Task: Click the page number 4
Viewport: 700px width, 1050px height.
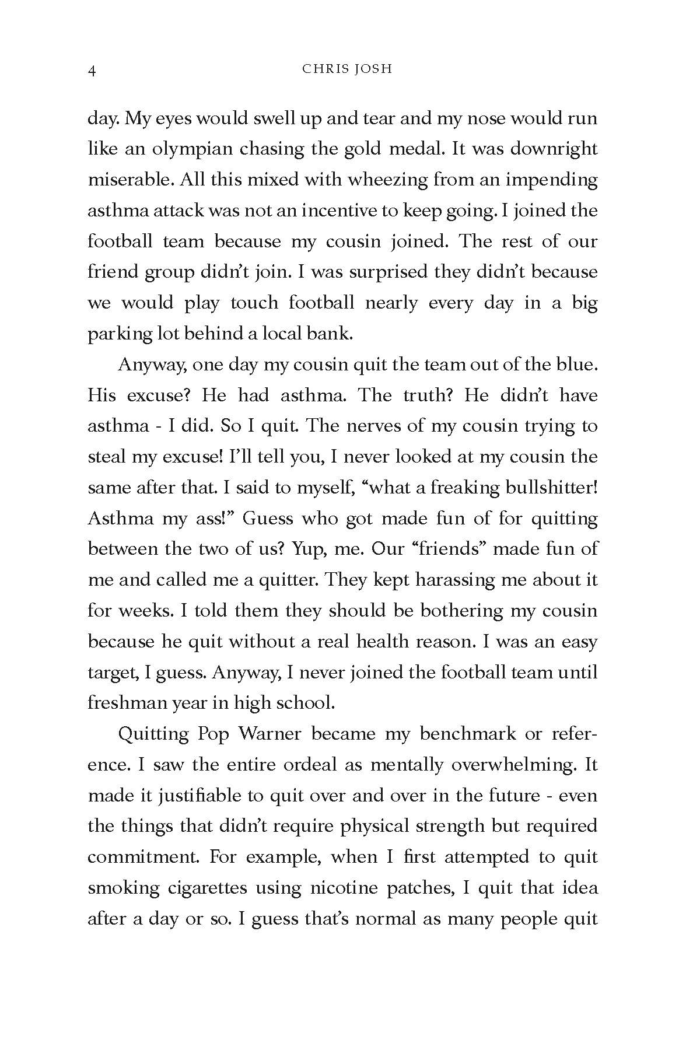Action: tap(92, 71)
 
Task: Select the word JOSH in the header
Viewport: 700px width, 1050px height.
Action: tap(374, 69)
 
